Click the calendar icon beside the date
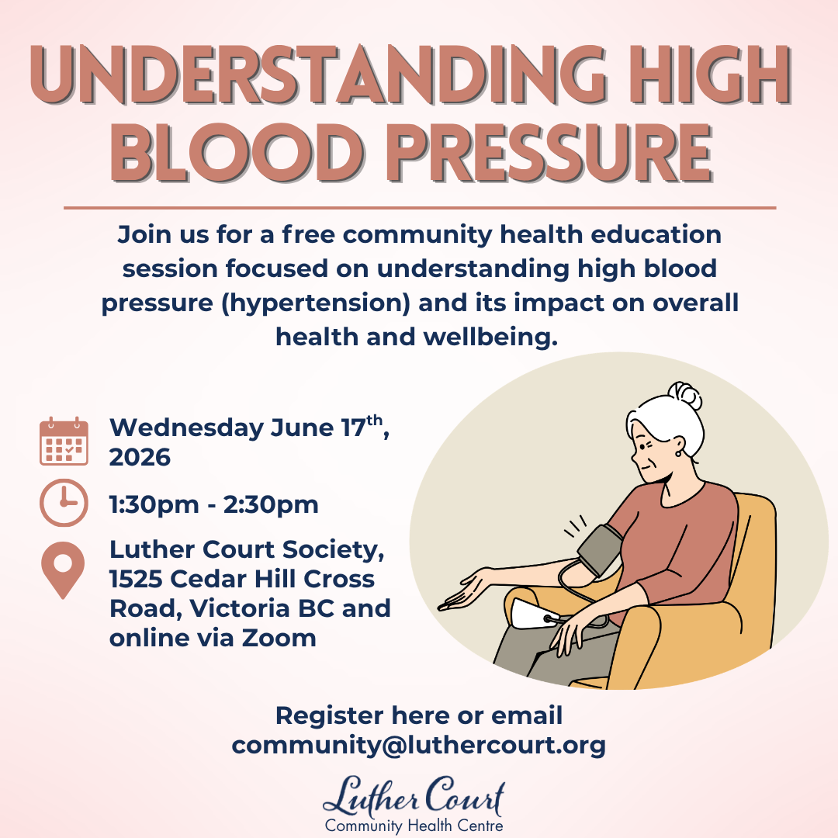[x=64, y=441]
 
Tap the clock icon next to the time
[x=64, y=503]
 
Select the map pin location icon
[x=63, y=570]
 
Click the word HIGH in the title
[x=710, y=75]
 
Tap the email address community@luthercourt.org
[x=418, y=744]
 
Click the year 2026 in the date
[x=140, y=458]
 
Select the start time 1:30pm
[x=154, y=504]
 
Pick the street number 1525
[x=136, y=579]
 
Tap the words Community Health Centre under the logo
[x=414, y=826]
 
